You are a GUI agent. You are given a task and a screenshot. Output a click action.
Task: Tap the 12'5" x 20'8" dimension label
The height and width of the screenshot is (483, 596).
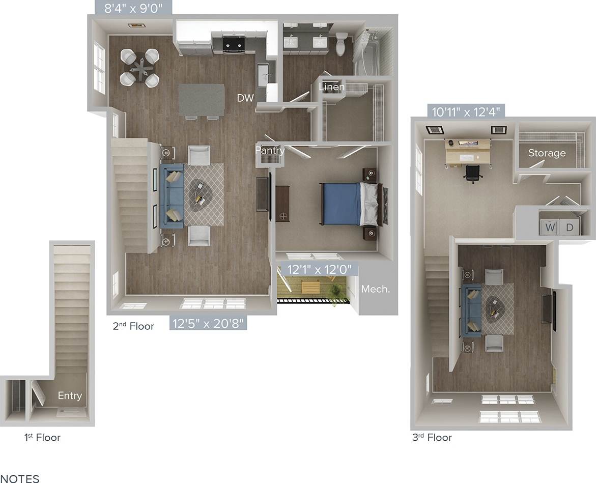208,323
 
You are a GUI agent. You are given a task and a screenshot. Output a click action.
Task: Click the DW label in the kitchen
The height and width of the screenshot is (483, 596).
245,99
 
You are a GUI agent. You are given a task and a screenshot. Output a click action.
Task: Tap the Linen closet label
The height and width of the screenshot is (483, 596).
331,87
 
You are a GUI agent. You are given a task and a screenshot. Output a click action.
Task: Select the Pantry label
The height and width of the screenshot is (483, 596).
270,150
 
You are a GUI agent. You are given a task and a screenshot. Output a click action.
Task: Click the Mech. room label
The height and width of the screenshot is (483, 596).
375,289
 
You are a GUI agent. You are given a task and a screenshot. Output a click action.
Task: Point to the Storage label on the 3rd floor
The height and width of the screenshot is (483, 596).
547,153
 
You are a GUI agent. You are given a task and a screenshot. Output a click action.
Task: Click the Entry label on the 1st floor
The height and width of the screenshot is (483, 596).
70,395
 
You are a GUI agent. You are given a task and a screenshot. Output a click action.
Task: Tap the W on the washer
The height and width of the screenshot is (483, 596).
550,228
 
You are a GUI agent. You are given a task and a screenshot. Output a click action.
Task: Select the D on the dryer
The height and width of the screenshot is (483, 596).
570,228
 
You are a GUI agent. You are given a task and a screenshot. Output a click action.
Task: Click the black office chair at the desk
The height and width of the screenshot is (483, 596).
473,173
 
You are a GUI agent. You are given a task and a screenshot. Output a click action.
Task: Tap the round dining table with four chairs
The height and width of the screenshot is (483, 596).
139,67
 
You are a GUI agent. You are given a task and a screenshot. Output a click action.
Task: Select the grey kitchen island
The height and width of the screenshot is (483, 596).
202,100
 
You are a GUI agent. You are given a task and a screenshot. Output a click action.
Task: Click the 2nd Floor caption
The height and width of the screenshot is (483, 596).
133,326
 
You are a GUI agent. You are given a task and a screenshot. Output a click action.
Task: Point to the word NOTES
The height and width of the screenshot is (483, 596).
19,478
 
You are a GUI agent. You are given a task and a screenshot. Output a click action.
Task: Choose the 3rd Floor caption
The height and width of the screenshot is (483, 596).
432,437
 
